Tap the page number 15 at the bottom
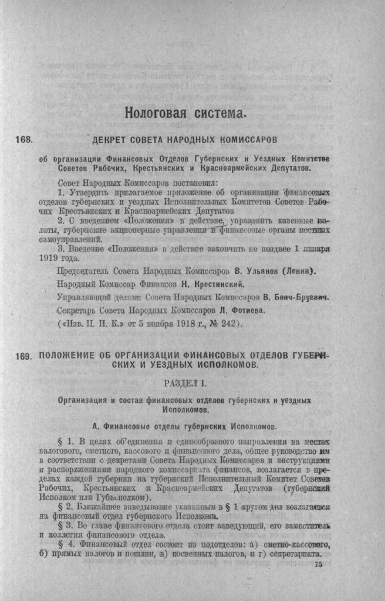(319, 564)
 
